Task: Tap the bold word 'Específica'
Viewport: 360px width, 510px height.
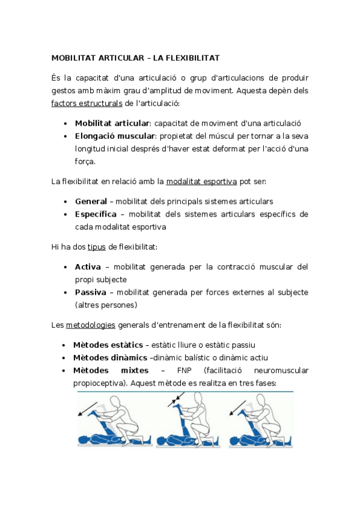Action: click(x=96, y=214)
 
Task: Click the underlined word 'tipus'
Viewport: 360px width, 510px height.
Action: click(x=96, y=247)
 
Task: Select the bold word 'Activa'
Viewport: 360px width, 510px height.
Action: click(x=88, y=266)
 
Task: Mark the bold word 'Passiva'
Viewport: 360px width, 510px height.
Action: click(x=90, y=292)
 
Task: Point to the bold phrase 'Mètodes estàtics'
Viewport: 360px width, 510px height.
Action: click(x=109, y=345)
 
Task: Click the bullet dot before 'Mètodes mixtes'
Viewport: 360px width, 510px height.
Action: click(x=65, y=370)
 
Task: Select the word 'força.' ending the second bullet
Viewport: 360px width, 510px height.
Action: click(x=86, y=161)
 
